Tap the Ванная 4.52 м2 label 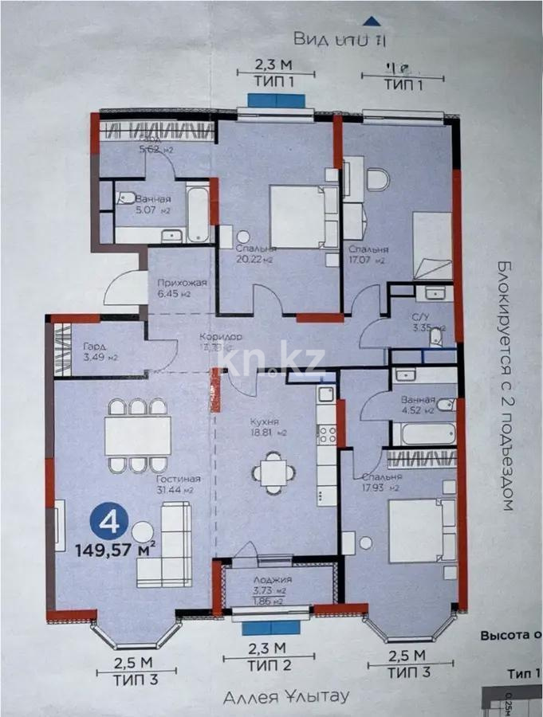click(418, 406)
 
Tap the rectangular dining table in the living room click(136, 436)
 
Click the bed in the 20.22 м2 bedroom click(298, 216)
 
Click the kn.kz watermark click(271, 363)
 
